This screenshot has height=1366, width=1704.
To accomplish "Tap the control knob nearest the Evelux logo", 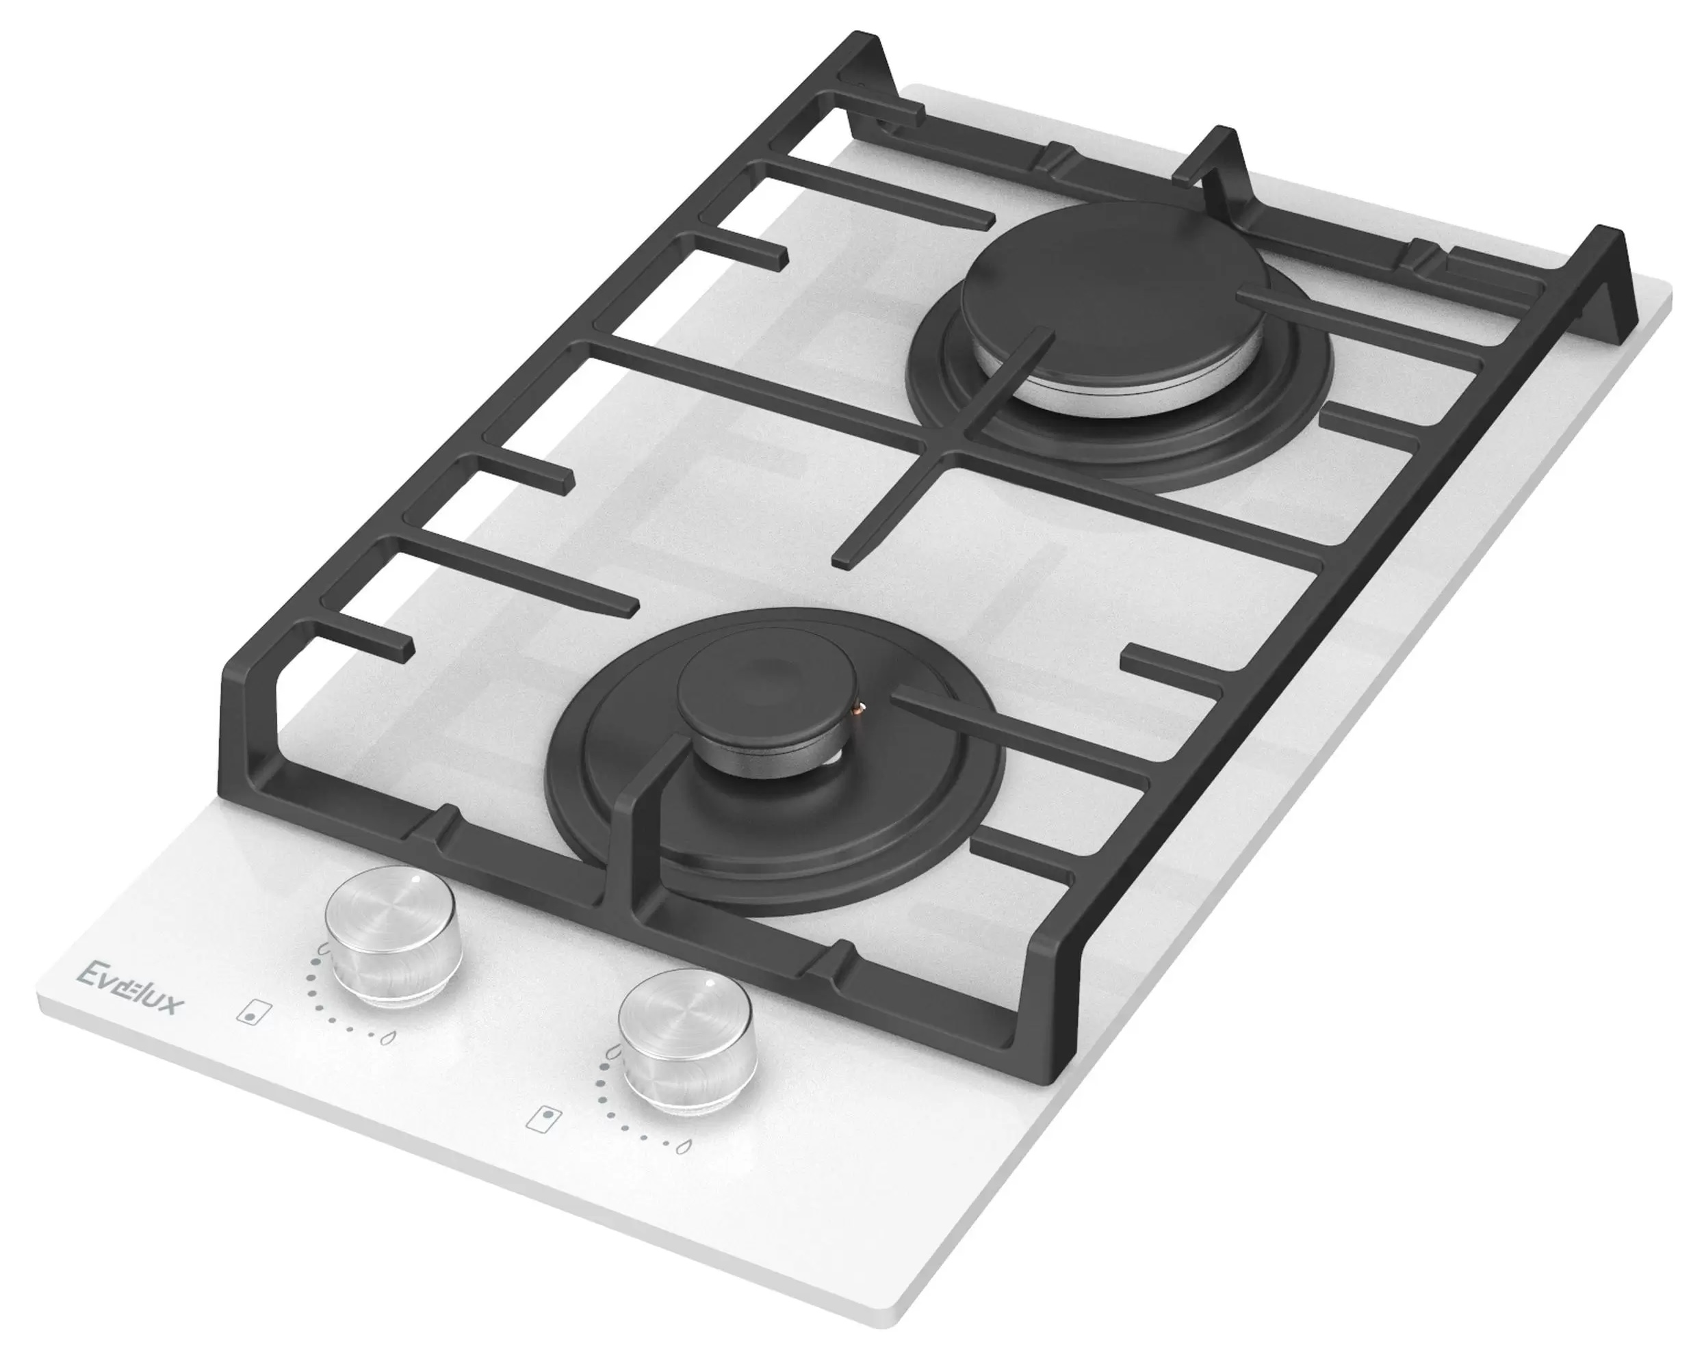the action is [393, 936].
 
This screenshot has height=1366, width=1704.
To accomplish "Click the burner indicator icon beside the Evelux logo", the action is [251, 1014].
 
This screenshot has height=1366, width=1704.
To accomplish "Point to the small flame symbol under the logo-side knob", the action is [387, 1038].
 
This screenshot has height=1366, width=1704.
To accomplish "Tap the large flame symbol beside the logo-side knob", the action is [323, 948].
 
